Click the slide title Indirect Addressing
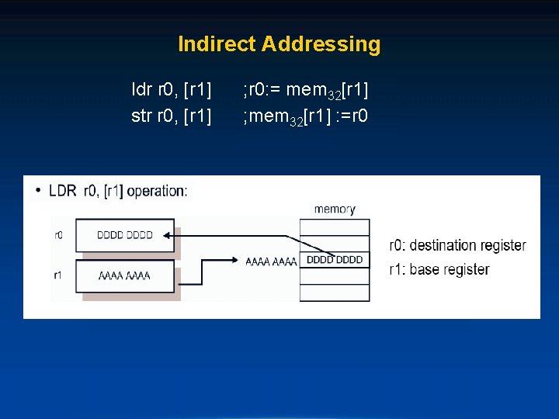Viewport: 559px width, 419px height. tap(279, 44)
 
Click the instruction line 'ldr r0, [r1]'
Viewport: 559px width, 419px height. tap(172, 91)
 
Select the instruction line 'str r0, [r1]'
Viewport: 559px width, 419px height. tap(172, 116)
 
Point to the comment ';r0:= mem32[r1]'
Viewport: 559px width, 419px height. tap(305, 92)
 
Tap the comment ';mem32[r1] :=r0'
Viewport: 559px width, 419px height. tap(305, 116)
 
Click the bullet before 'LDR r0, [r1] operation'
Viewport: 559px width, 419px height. tap(39, 190)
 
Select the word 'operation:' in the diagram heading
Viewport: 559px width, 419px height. tap(157, 190)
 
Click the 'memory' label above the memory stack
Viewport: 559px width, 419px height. tap(335, 209)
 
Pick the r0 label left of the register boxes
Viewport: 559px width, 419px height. tap(58, 234)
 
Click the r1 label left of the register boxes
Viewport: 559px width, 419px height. tap(58, 275)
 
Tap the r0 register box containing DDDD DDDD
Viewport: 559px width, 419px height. tap(124, 234)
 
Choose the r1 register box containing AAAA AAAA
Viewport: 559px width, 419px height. tap(124, 275)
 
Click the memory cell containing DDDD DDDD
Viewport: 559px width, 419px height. tap(335, 260)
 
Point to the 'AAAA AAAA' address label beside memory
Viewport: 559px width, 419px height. tap(271, 261)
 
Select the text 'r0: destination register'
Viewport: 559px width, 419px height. tap(457, 245)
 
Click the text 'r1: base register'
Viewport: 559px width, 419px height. tap(439, 269)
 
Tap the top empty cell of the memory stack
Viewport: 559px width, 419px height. tap(335, 226)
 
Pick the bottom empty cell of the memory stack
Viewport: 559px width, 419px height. tap(335, 294)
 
